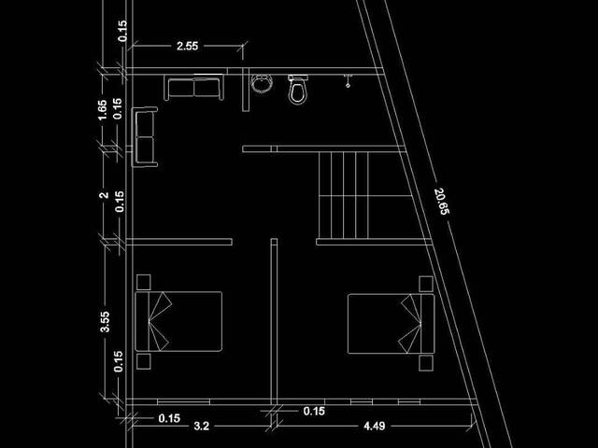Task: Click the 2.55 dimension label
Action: [x=187, y=46]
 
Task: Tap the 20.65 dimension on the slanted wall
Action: [x=442, y=202]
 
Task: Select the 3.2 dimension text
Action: [x=202, y=426]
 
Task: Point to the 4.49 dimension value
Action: [x=374, y=426]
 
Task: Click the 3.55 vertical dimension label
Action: [x=105, y=322]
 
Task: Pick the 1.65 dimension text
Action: [x=102, y=110]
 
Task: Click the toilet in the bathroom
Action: [x=297, y=90]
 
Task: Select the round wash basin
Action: [x=262, y=83]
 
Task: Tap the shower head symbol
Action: [x=348, y=81]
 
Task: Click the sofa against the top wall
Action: [x=193, y=87]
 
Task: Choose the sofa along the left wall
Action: [x=145, y=137]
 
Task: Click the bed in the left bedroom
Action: [x=178, y=321]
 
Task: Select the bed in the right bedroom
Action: [x=391, y=324]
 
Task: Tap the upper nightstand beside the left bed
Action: [x=143, y=282]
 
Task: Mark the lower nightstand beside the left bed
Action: [x=143, y=361]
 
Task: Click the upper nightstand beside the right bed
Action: [x=426, y=284]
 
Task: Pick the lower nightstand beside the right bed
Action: [x=426, y=363]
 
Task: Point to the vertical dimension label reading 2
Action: [x=104, y=195]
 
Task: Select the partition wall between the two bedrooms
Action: [x=274, y=320]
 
